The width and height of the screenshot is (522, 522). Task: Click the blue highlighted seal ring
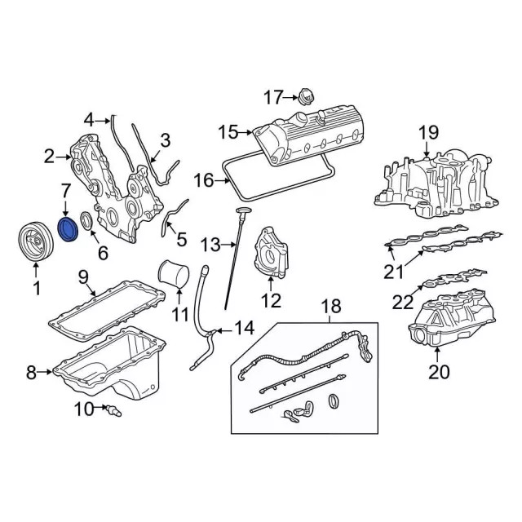[x=68, y=230]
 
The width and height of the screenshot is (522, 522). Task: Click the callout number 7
[x=65, y=192]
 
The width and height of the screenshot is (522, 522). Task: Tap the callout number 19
[x=428, y=132]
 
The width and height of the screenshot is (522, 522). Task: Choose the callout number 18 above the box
[x=330, y=307]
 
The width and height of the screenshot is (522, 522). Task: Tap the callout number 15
[x=228, y=131]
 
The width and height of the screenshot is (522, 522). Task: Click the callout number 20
[x=438, y=374]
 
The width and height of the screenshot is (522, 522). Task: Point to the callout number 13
[x=210, y=243]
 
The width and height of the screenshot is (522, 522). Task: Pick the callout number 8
[x=31, y=374]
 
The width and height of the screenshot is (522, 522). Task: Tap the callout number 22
[x=403, y=303]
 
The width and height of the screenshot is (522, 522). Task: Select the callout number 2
[x=50, y=155]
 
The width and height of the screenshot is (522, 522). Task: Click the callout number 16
[x=203, y=179]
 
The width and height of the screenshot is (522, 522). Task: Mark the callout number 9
[x=83, y=279]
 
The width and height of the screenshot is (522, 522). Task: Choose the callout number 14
[x=244, y=329]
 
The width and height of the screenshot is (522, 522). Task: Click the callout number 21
[x=395, y=272]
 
